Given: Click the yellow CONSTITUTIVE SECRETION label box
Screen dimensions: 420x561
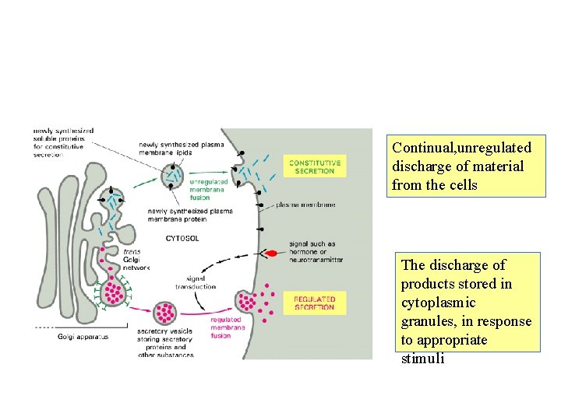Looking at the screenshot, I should click(314, 166).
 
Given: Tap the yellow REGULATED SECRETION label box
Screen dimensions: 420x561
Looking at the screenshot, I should click(314, 303).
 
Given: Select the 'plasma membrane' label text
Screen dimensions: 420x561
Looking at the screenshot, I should click(305, 205).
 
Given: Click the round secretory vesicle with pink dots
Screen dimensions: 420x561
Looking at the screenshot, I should click(165, 312).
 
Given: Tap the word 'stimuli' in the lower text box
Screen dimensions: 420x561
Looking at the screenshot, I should click(422, 359).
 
